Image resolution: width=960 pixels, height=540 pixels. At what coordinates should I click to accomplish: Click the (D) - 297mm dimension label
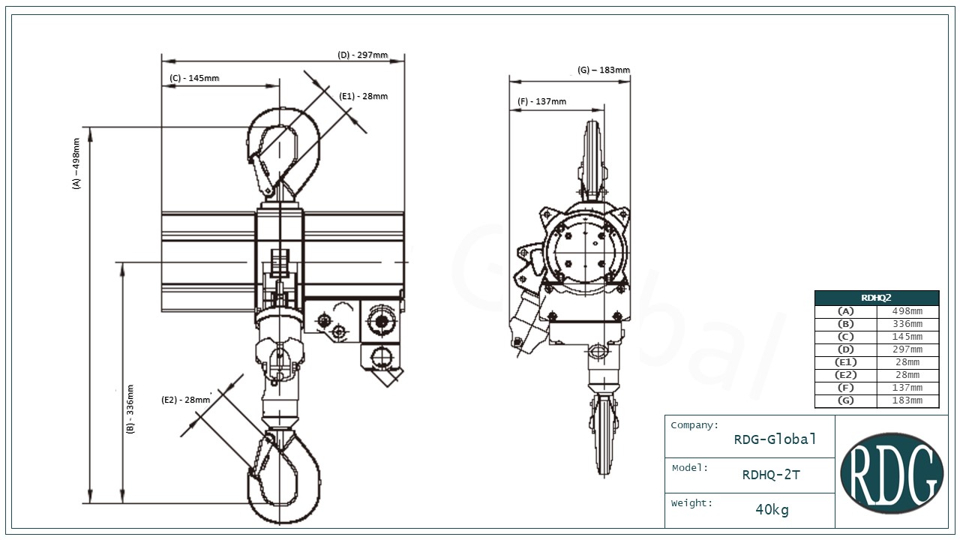pyautogui.click(x=363, y=55)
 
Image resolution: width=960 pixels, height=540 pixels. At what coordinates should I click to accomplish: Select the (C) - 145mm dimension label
pyautogui.click(x=194, y=78)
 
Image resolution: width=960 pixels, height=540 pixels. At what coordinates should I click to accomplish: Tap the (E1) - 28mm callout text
pyautogui.click(x=364, y=96)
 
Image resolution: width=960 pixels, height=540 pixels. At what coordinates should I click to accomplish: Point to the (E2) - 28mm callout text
pyautogui.click(x=186, y=400)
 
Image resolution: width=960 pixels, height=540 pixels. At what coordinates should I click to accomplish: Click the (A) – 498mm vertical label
pyautogui.click(x=76, y=163)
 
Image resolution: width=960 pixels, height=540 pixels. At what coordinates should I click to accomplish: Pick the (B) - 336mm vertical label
pyautogui.click(x=130, y=409)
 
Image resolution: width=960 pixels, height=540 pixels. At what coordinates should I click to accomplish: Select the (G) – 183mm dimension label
pyautogui.click(x=604, y=70)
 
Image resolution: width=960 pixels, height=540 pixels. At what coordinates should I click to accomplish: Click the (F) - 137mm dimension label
pyautogui.click(x=541, y=101)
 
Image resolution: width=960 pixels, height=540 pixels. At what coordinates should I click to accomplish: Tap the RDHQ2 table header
pyautogui.click(x=876, y=298)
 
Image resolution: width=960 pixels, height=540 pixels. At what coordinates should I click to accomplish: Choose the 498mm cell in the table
pyautogui.click(x=907, y=311)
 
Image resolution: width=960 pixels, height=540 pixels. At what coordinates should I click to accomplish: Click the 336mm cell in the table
pyautogui.click(x=907, y=324)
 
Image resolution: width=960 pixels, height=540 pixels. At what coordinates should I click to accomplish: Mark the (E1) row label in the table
pyautogui.click(x=845, y=362)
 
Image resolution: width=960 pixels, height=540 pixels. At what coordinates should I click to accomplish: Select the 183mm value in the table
pyautogui.click(x=907, y=400)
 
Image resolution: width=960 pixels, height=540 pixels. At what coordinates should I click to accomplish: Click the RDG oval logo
pyautogui.click(x=891, y=472)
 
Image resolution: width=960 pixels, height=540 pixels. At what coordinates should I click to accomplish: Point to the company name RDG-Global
pyautogui.click(x=775, y=439)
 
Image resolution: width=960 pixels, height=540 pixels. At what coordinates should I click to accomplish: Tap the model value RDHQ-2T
pyautogui.click(x=771, y=475)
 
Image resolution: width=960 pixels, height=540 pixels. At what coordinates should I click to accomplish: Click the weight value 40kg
pyautogui.click(x=772, y=510)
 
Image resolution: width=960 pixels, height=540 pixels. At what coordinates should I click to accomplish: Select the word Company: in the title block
pyautogui.click(x=694, y=425)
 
